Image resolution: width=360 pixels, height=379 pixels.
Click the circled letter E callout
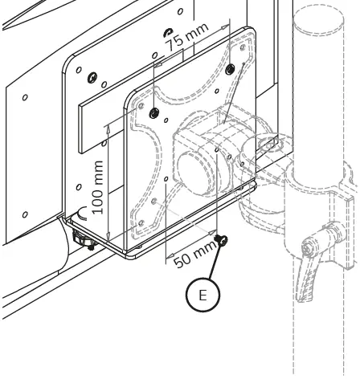[202, 295]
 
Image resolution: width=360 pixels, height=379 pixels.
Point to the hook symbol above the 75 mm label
[168, 32]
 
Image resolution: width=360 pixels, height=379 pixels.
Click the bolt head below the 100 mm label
[81, 238]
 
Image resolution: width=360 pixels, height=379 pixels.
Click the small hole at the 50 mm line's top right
[218, 149]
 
